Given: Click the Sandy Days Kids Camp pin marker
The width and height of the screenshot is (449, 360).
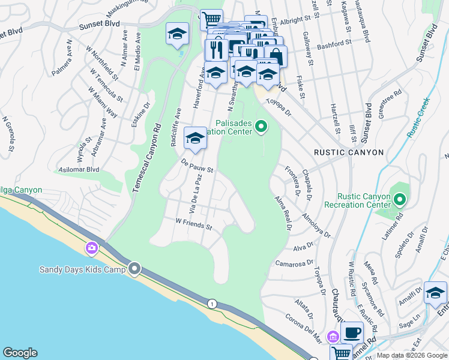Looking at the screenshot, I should point(134,269).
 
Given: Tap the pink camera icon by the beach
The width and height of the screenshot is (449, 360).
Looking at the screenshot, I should point(92,247).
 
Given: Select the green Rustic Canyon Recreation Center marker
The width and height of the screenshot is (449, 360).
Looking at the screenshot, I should point(399,199).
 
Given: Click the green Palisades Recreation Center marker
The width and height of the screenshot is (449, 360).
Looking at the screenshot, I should point(261,126).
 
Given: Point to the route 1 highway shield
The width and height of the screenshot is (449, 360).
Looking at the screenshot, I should point(212,304).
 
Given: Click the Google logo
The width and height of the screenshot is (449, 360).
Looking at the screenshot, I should point(20,353).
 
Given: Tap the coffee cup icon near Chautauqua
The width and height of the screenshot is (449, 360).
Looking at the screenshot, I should point(353,332).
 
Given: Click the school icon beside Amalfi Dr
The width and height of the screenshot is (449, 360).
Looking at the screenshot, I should point(435,293).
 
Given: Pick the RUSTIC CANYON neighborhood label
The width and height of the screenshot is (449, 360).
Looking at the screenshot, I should point(348,152).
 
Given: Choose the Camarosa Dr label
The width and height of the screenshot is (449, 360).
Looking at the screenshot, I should point(295,263).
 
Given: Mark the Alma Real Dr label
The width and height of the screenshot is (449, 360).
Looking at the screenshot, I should point(282,213).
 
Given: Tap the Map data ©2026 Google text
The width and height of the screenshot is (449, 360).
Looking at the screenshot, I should point(412,355).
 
